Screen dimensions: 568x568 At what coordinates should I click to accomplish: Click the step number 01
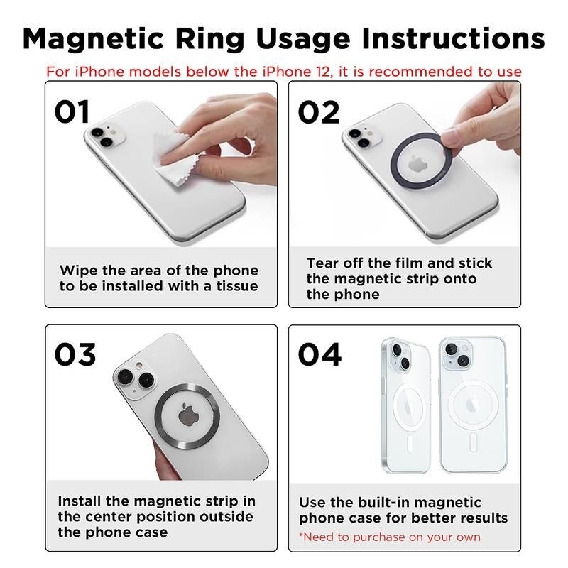coord(73,111)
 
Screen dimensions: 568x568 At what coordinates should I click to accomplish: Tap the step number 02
coord(319,111)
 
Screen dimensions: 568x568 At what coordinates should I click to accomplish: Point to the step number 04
coord(319,354)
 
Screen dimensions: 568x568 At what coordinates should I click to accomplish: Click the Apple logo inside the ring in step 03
coord(188,413)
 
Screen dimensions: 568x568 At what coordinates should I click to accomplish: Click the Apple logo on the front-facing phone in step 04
coord(471,405)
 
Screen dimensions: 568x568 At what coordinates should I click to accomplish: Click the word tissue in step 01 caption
coord(234,286)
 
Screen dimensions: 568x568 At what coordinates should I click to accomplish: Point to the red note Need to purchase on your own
coord(389,537)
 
